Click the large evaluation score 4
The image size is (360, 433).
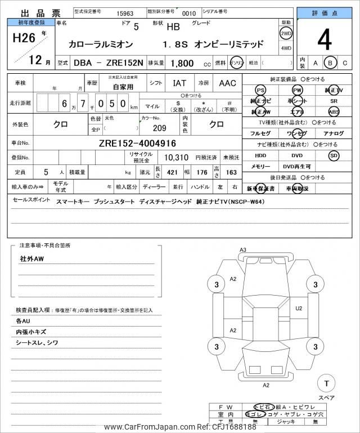click(x=324, y=40)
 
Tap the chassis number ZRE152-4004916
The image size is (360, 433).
click(x=138, y=143)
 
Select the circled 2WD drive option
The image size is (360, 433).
click(x=286, y=33)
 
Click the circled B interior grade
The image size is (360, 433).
click(x=331, y=63)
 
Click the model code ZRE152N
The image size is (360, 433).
click(x=124, y=64)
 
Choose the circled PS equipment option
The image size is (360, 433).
click(x=260, y=90)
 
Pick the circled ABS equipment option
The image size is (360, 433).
click(x=334, y=111)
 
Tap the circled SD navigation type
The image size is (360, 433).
click(x=334, y=155)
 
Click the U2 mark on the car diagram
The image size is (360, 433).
click(x=299, y=308)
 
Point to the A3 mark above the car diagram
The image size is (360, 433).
click(x=243, y=249)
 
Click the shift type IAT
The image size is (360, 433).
click(x=179, y=83)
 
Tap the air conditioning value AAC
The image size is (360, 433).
click(x=227, y=83)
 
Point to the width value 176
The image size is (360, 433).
click(x=202, y=172)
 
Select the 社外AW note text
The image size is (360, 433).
click(x=31, y=258)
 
